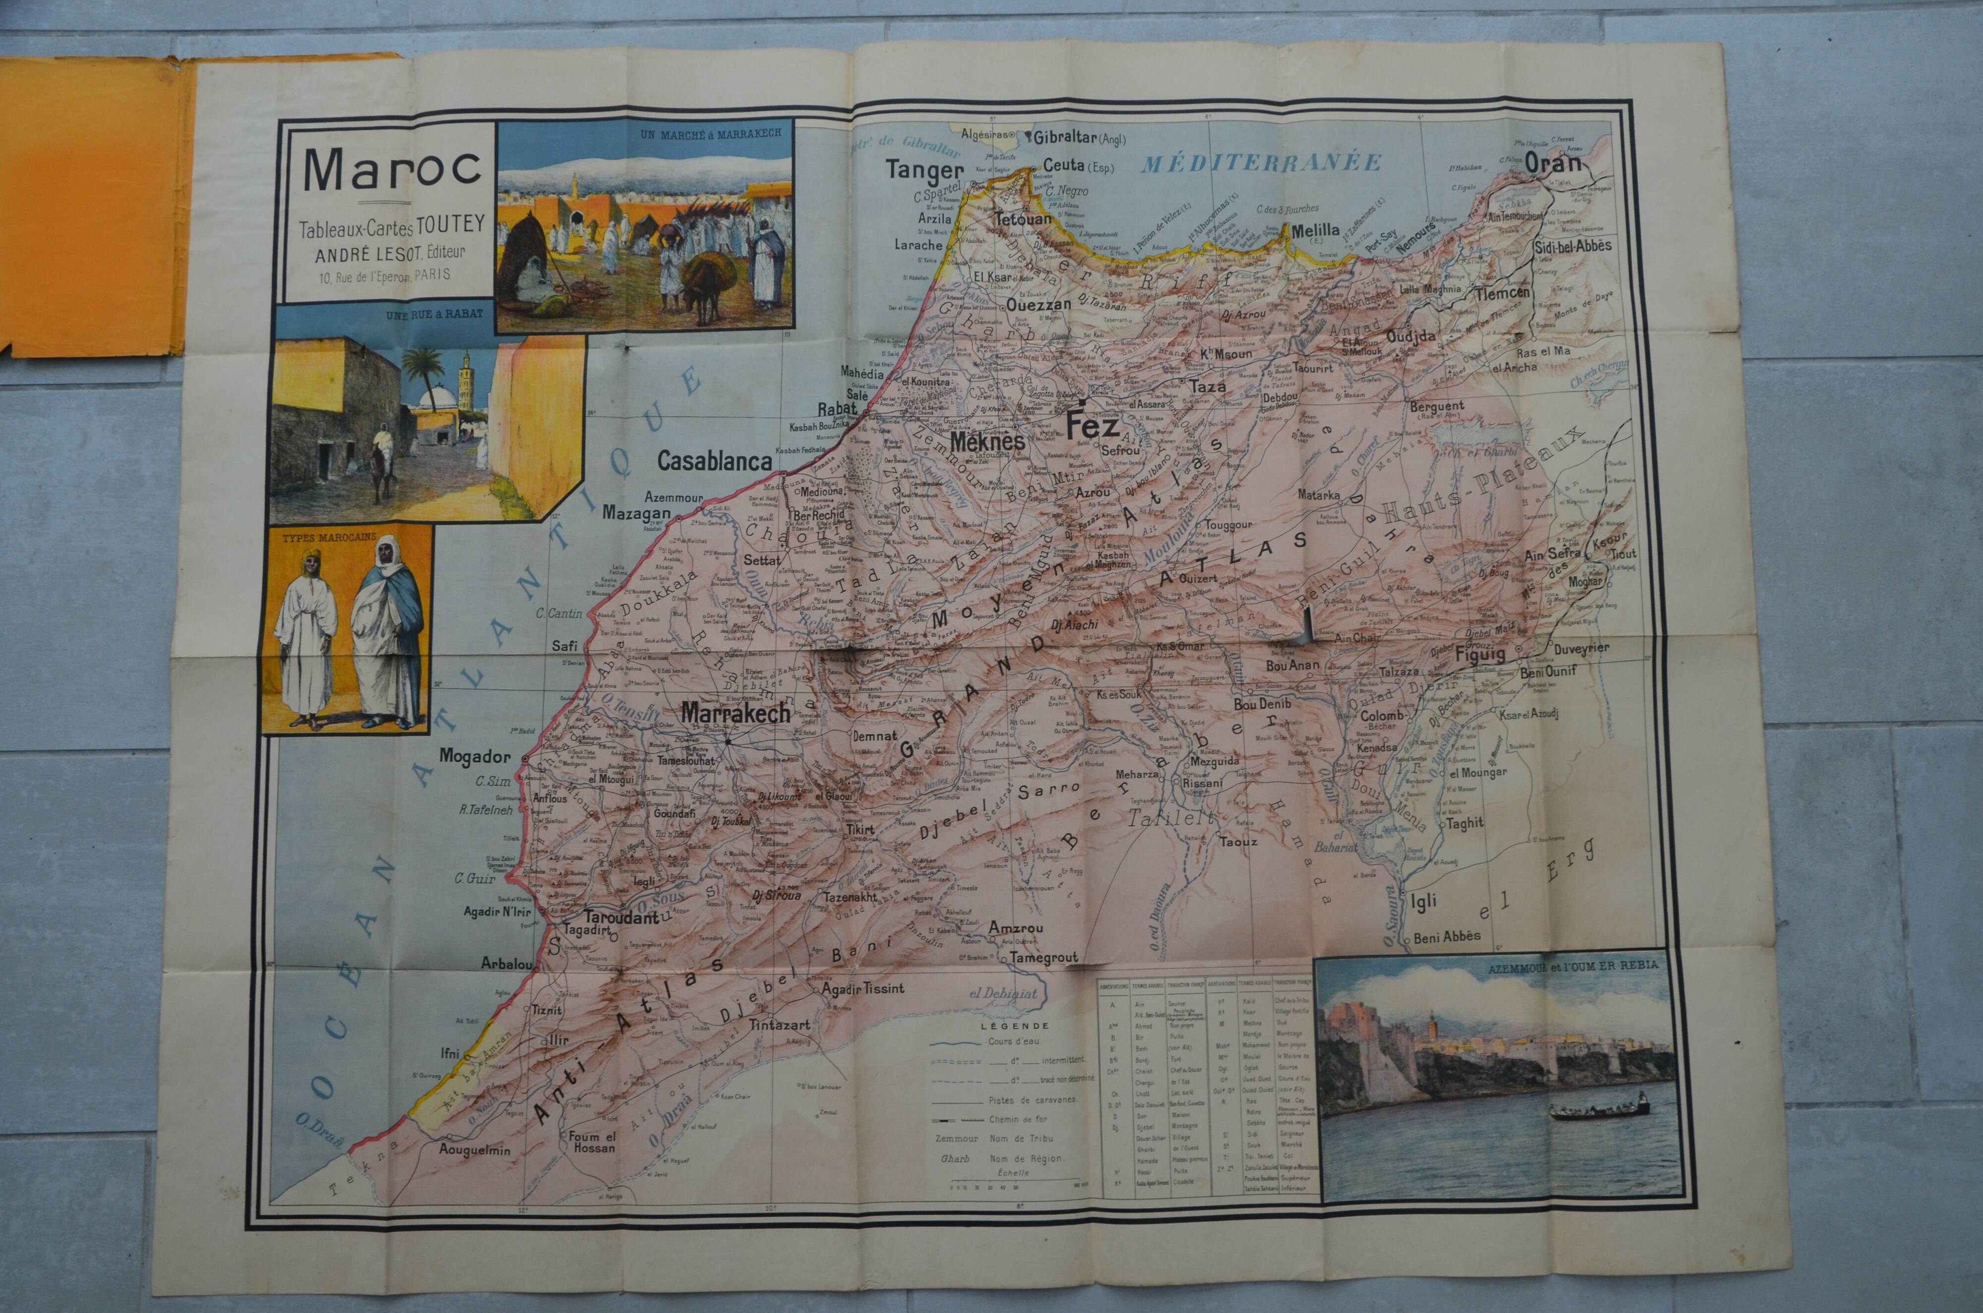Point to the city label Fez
1092,428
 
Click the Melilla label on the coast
1316,230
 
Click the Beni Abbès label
1447,936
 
